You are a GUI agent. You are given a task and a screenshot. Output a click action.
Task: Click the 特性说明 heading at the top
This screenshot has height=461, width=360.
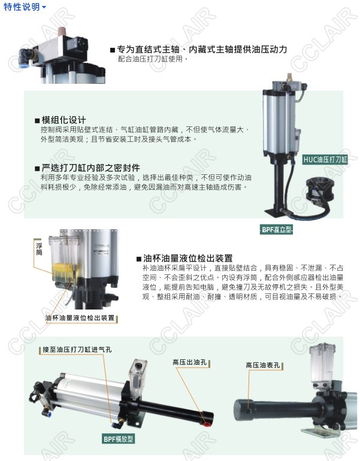22,7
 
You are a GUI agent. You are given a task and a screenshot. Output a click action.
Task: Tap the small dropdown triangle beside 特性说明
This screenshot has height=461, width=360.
44,7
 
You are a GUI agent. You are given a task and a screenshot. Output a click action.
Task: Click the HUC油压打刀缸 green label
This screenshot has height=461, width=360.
325,160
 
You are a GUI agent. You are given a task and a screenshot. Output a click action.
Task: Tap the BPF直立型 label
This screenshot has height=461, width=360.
277,230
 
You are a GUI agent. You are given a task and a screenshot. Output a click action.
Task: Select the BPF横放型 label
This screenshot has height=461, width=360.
119,439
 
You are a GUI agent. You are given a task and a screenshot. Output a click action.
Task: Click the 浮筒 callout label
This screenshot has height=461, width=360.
39,248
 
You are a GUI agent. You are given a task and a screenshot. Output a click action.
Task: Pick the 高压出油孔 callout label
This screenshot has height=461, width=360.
190,362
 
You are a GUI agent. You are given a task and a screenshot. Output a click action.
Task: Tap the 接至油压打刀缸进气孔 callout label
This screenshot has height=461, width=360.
77,350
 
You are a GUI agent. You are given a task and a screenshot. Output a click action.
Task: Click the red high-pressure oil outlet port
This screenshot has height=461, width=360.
207,424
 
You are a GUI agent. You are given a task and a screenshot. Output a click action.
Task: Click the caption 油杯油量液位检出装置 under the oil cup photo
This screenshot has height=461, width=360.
80,318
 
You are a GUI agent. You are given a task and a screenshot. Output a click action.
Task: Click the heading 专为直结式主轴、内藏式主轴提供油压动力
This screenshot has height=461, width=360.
202,49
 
